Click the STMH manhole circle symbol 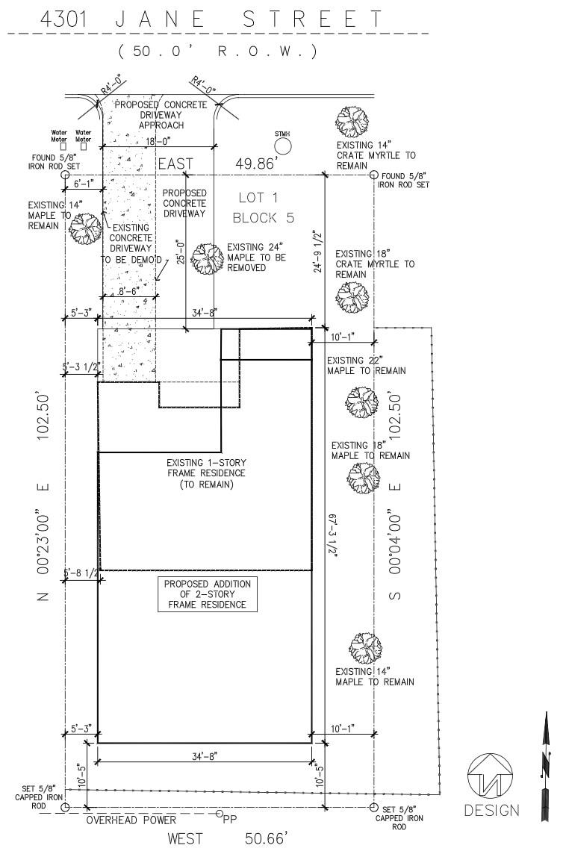click(282, 146)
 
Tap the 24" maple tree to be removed click(207, 258)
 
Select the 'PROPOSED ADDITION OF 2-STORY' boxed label click(208, 593)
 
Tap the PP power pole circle click(220, 814)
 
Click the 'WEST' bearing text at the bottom click(185, 840)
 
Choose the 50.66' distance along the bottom click(266, 840)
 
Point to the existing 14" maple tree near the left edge click(84, 228)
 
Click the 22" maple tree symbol click(361, 402)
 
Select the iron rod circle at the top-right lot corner click(373, 175)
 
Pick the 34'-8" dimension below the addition click(205, 756)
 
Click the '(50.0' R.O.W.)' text click(217, 52)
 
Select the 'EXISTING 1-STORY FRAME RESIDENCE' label click(207, 473)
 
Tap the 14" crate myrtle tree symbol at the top click(352, 120)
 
